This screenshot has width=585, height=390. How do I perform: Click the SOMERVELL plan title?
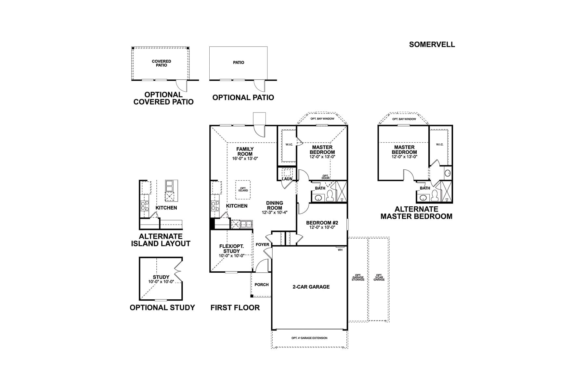432,45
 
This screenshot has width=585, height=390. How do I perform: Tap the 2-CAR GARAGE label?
311,287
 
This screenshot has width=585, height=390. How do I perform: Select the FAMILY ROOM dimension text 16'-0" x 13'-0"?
245,159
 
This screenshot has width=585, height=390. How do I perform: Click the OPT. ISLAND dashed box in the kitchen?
243,190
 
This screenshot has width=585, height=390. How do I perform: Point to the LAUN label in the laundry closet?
287,179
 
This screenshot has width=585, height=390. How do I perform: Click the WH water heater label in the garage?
340,250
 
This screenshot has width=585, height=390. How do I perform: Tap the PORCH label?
261,285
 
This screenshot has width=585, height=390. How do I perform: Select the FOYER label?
262,244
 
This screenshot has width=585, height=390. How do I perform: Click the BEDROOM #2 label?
322,223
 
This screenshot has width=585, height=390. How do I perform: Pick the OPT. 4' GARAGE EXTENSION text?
309,338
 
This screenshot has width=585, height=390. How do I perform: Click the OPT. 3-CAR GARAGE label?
379,277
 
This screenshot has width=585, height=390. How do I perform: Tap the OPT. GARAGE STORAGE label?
358,277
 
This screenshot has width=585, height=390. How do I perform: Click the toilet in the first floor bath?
330,196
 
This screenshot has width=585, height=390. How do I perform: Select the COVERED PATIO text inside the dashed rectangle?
161,63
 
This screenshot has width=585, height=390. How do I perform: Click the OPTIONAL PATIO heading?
243,97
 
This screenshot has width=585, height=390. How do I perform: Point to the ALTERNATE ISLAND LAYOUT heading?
161,240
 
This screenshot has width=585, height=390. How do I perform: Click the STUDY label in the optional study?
161,277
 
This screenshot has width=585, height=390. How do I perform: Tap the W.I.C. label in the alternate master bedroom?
439,145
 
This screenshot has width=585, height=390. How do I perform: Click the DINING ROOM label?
274,205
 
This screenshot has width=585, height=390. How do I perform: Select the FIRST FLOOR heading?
235,307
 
